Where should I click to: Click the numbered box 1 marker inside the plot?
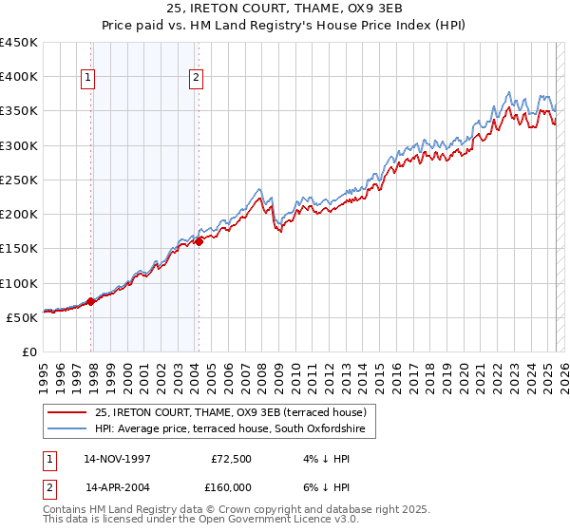(x=88, y=79)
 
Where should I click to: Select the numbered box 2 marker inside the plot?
(x=196, y=79)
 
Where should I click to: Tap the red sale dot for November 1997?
(x=91, y=302)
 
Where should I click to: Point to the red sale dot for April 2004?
(x=199, y=241)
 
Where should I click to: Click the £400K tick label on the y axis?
(x=19, y=77)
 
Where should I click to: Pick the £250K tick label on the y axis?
(x=19, y=180)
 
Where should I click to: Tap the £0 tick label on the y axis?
(x=29, y=351)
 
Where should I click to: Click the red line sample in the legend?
(x=67, y=412)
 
